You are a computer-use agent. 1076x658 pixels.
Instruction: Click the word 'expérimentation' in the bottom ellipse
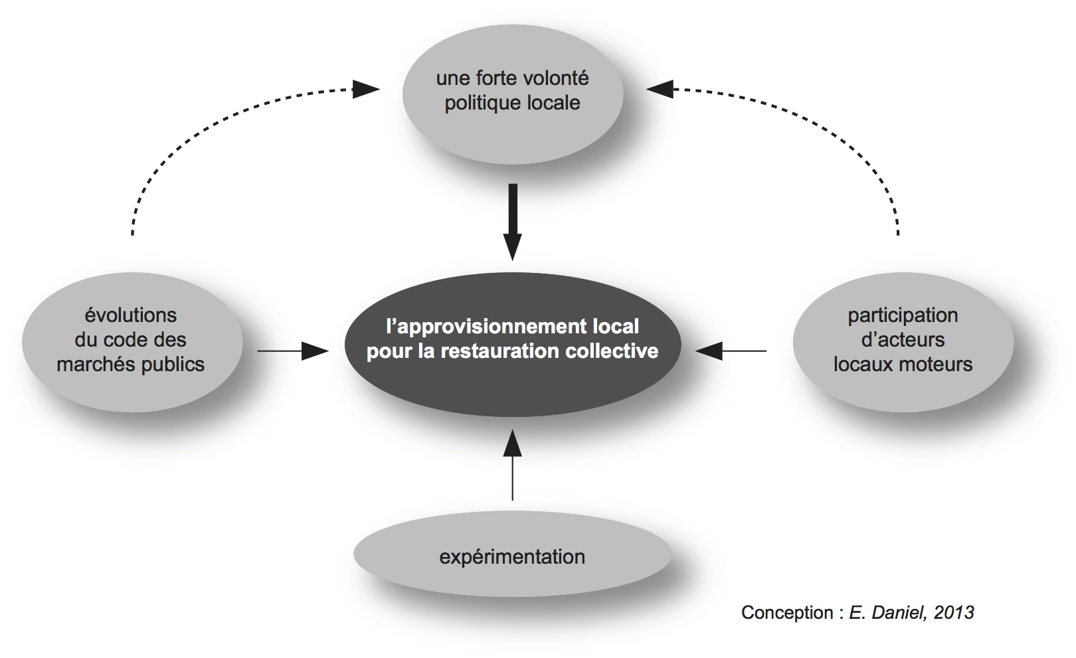pos(512,556)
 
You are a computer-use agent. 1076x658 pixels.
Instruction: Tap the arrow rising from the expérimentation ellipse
pos(512,465)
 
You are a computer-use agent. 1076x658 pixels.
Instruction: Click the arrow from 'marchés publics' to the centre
pos(293,350)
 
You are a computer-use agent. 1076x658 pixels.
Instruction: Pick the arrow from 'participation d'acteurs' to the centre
pos(731,350)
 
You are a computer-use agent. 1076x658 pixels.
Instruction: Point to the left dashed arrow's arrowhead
pos(365,89)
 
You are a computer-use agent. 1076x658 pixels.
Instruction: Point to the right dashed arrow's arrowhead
pos(660,89)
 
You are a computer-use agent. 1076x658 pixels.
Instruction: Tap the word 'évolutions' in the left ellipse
pos(131,315)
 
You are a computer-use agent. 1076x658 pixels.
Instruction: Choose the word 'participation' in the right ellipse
pos(903,316)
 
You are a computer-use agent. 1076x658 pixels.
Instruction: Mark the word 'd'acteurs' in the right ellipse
pos(903,340)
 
